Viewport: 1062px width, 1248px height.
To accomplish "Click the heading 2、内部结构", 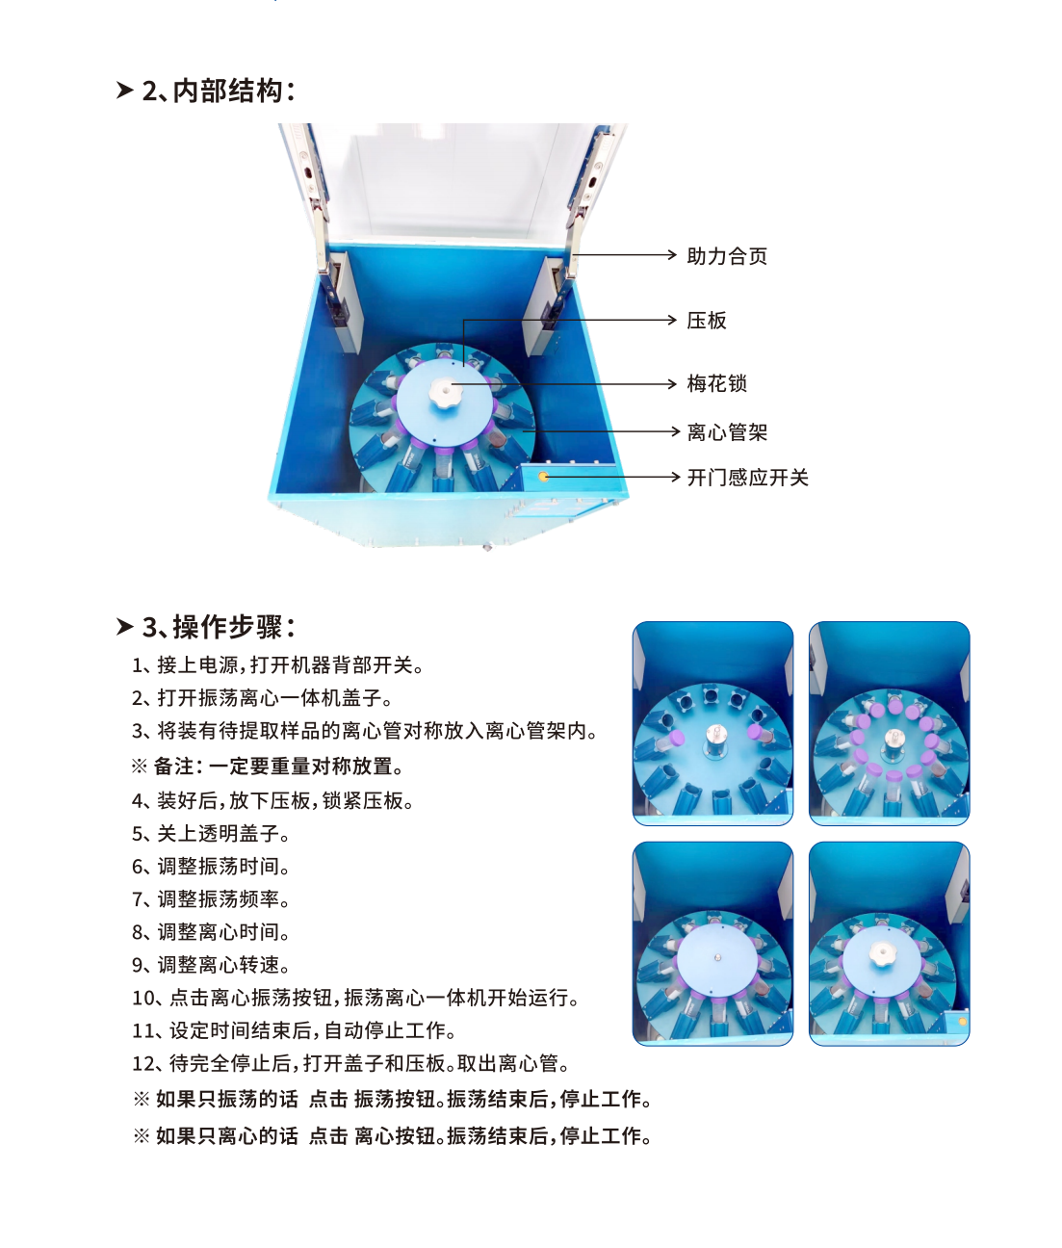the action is point(205,91).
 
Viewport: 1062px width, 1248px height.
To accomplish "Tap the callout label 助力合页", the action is point(727,256).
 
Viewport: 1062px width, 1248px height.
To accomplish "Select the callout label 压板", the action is point(707,320).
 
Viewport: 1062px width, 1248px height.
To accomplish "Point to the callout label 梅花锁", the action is point(716,383).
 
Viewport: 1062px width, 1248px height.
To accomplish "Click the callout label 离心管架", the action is point(727,431).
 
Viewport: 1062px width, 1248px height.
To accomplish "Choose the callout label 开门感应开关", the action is point(747,478).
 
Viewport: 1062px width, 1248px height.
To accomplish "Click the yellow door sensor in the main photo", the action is point(543,477).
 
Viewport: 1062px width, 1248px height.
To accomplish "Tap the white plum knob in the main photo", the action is point(445,394).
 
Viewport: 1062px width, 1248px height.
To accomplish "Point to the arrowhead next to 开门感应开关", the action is point(674,477).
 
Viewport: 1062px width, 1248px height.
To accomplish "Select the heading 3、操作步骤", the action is point(205,627).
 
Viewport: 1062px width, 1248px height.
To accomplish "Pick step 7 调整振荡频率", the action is point(211,899).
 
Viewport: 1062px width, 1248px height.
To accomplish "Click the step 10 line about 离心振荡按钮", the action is point(355,998).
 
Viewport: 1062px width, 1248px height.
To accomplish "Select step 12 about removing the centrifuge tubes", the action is point(350,1063).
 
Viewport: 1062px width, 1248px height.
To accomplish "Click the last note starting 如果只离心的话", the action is point(393,1135).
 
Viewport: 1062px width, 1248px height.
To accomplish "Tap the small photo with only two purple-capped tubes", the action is point(712,723).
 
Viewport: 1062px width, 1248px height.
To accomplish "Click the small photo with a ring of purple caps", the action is point(890,723).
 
